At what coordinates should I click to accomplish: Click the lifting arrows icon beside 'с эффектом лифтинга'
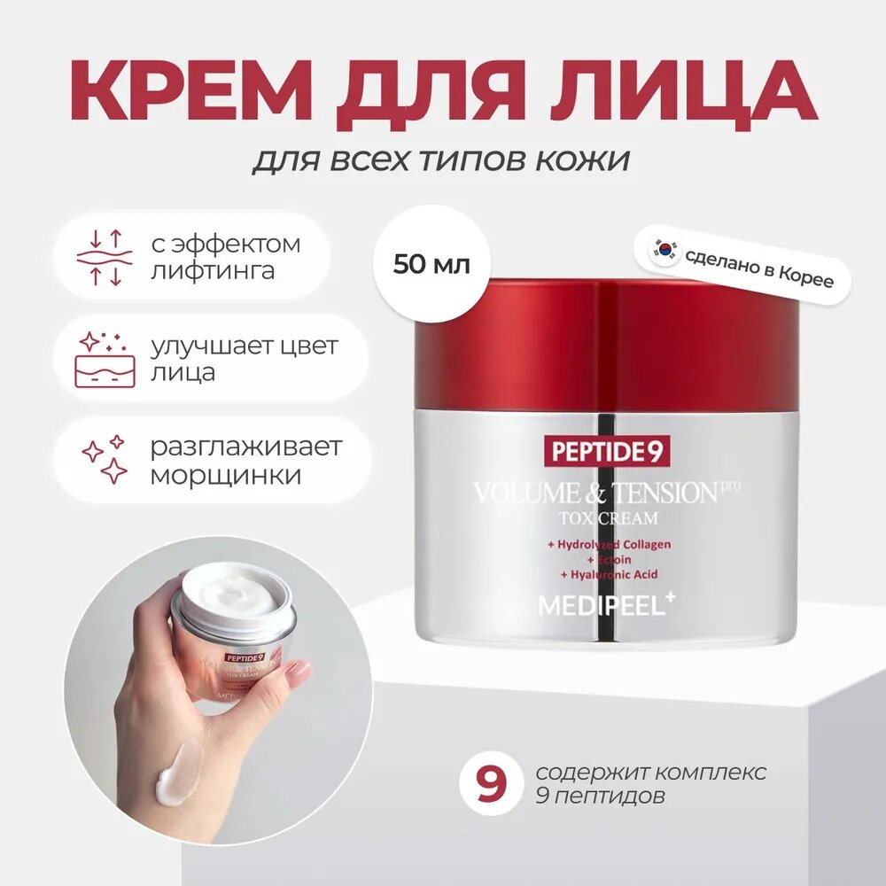[105, 257]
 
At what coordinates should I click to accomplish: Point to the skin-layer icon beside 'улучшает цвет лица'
[105, 360]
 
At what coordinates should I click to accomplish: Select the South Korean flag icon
[665, 252]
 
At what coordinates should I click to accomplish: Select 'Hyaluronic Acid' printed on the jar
[609, 575]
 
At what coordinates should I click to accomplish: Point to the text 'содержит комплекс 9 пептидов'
[651, 784]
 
